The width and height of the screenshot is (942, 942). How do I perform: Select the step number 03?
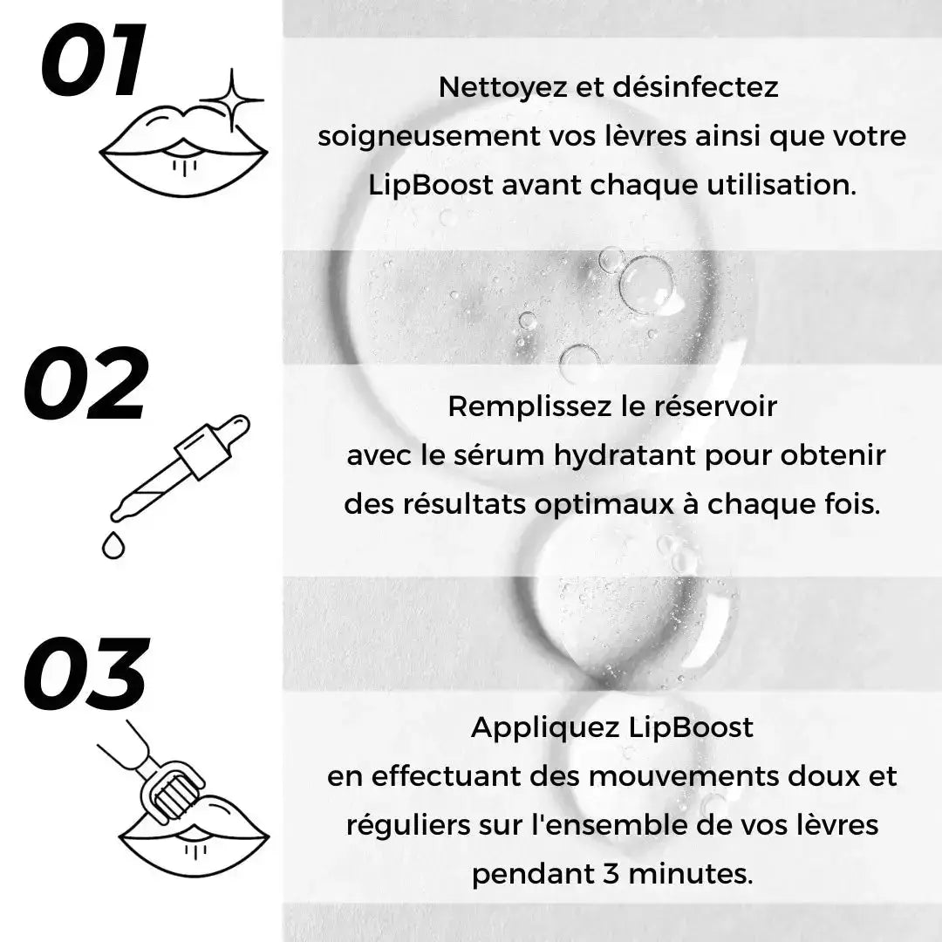coord(85,677)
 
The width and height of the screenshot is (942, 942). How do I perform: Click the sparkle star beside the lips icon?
coord(232,99)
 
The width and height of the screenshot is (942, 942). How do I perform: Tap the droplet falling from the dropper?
coord(113,545)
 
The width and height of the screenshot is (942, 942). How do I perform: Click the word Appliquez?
coord(544,727)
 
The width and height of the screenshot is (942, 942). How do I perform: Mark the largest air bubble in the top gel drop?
coord(646,284)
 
